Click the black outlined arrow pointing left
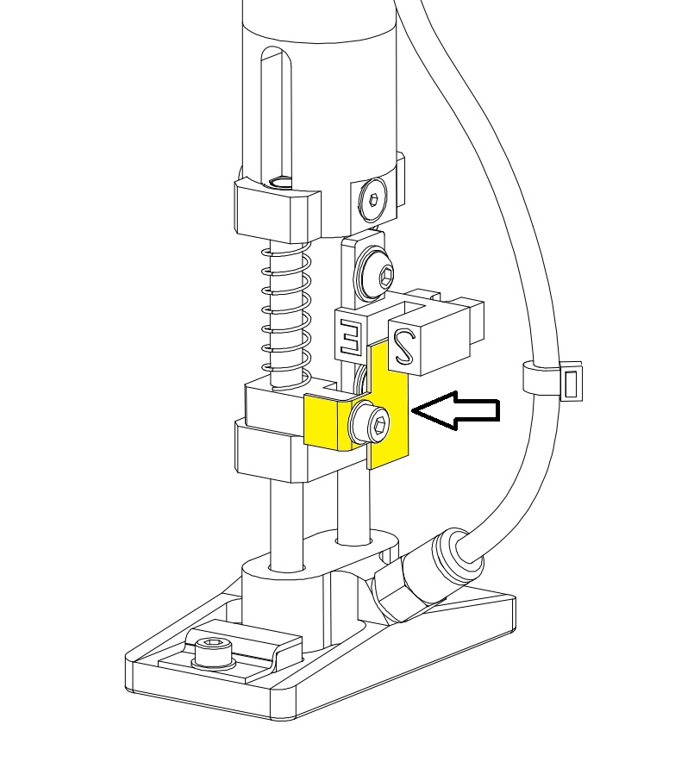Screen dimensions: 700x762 [455, 410]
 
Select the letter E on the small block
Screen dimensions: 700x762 [349, 337]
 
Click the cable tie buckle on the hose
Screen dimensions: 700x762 [572, 381]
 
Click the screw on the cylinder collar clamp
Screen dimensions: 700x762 [373, 200]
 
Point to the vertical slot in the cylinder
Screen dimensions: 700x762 [277, 116]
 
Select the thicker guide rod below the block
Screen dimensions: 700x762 [286, 525]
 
